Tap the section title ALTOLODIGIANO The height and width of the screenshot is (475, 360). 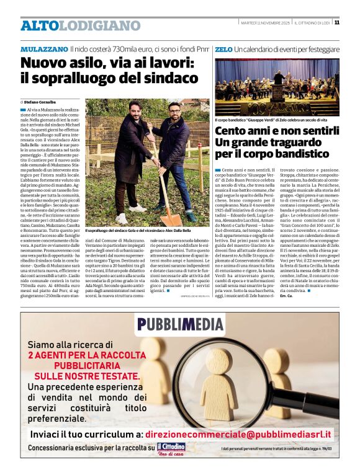pyautogui.click(x=80, y=25)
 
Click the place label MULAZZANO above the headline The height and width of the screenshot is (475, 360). pyautogui.click(x=43, y=49)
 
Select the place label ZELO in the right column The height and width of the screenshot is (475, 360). pyautogui.click(x=223, y=49)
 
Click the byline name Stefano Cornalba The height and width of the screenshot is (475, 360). pyautogui.click(x=40, y=101)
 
